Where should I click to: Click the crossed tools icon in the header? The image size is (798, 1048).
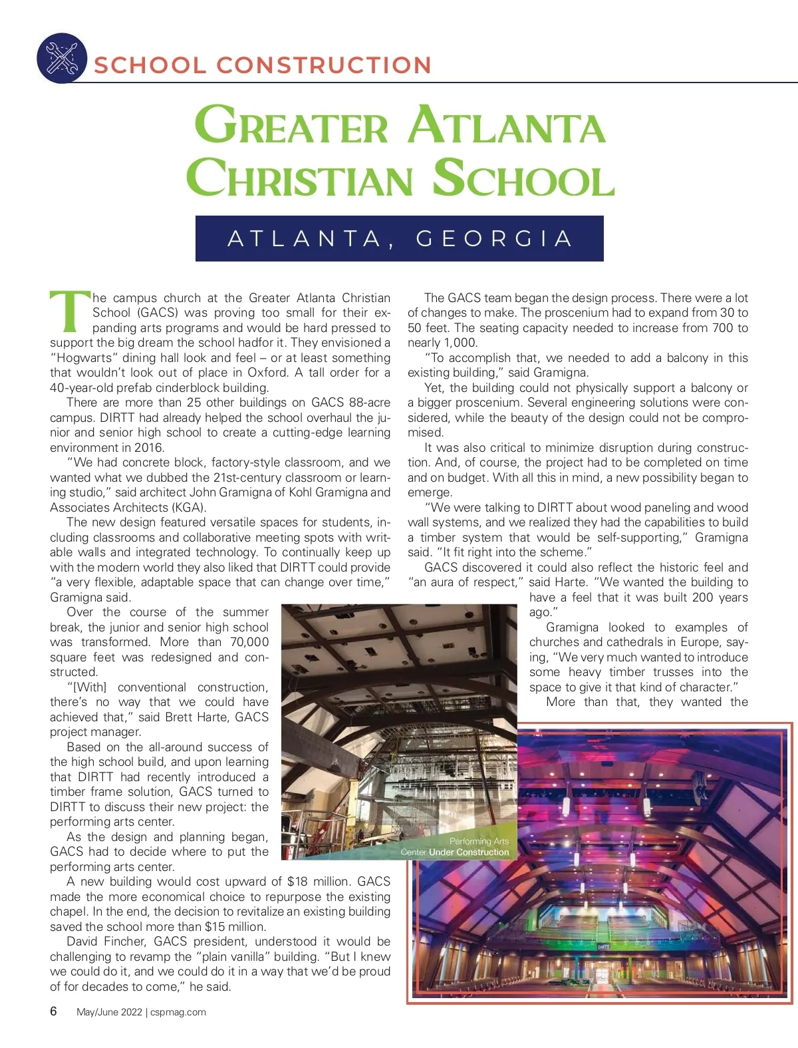click(61, 58)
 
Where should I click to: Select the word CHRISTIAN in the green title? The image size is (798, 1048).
click(300, 178)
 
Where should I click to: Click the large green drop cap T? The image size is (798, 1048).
click(68, 311)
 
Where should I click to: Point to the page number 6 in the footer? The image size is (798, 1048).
click(54, 1011)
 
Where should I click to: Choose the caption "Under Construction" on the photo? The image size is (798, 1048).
click(469, 852)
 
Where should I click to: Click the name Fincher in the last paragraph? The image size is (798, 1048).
click(126, 942)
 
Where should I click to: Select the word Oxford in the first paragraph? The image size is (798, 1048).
click(268, 373)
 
